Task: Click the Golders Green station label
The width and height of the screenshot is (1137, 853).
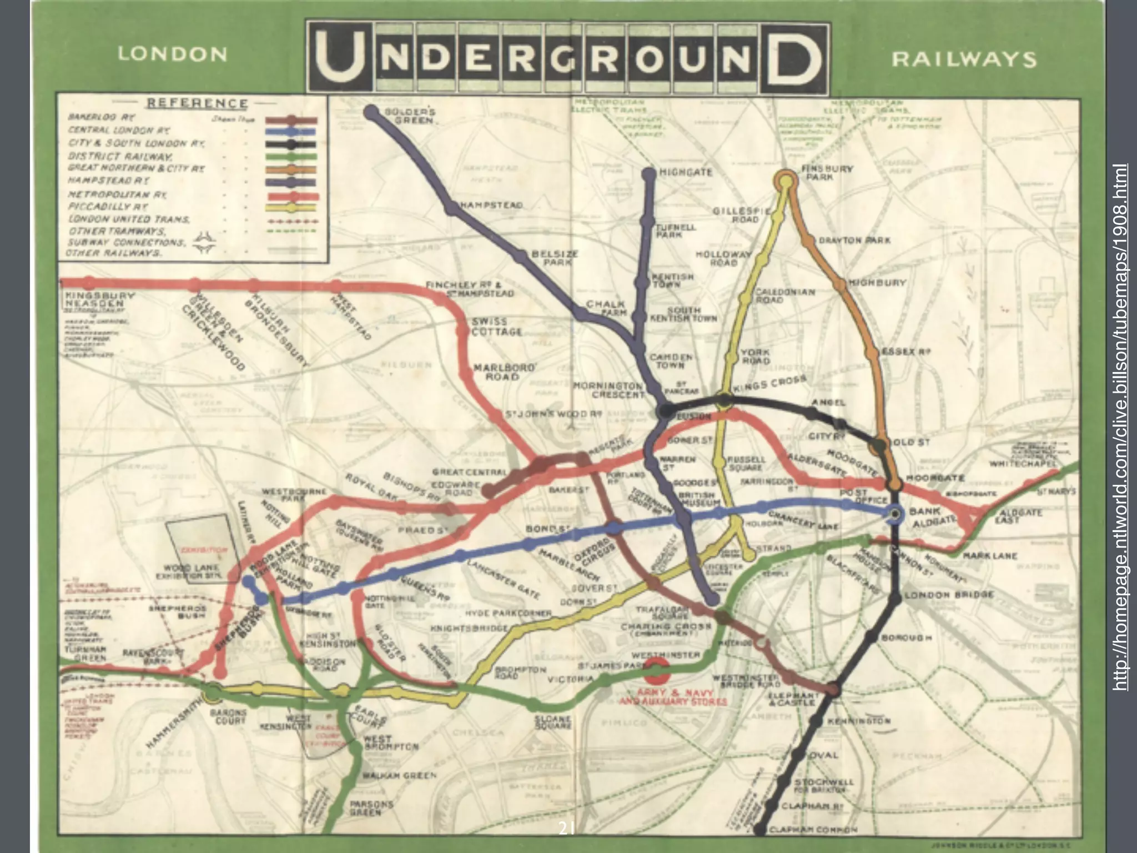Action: tap(410, 116)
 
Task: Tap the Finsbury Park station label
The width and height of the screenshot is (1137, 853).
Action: tap(819, 172)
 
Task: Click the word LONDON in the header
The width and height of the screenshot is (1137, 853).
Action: tap(173, 54)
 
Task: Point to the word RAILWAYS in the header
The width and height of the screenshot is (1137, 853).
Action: tap(964, 59)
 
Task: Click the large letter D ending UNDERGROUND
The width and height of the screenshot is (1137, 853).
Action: tap(793, 58)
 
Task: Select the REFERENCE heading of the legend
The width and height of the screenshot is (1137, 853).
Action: tap(197, 103)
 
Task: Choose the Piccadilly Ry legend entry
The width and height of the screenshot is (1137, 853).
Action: tap(108, 207)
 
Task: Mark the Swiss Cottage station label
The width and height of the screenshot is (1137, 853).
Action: tap(497, 327)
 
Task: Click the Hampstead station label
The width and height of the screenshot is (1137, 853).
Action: tap(491, 205)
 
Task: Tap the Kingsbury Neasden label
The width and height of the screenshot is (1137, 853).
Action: tap(99, 299)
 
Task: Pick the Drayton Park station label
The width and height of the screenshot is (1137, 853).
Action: tap(855, 240)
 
